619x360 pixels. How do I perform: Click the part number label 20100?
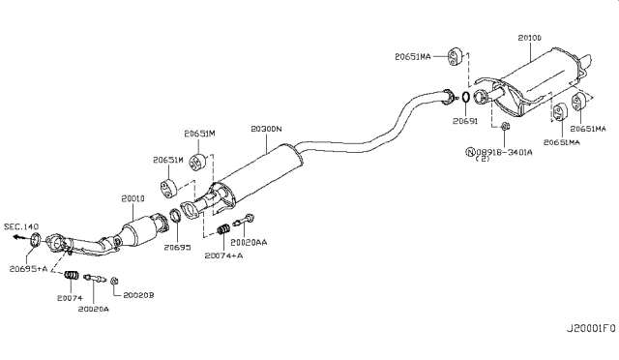[x=530, y=39]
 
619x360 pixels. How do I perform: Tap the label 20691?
[x=465, y=122]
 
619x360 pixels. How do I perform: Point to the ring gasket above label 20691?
[x=464, y=98]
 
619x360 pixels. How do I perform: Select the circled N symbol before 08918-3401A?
[x=470, y=152]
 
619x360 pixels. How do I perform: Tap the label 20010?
[x=133, y=198]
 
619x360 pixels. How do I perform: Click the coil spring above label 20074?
[x=71, y=279]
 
